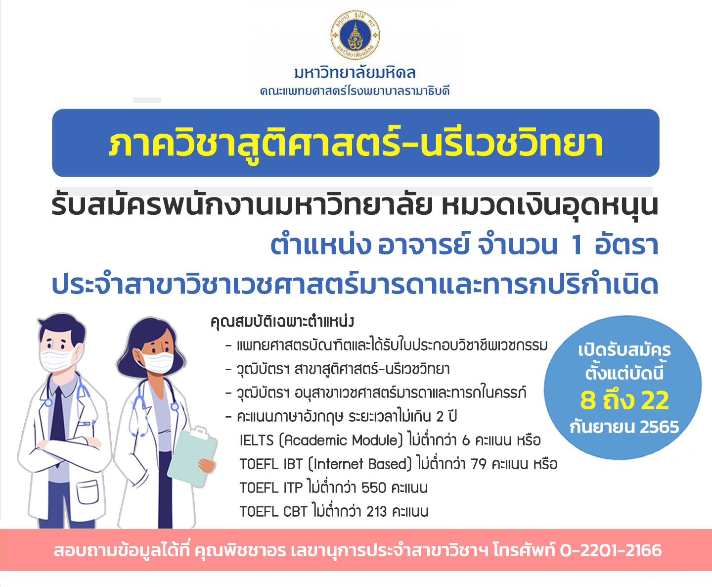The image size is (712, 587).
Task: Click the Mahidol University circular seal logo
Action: click(356, 35)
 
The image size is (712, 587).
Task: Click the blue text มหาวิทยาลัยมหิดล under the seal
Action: click(355, 72)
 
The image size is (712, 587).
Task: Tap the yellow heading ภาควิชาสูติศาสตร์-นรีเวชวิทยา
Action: click(356, 143)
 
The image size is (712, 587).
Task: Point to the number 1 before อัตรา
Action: click(577, 245)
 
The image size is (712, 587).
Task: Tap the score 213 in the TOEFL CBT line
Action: click(377, 512)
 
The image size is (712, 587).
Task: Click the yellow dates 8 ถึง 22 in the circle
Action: click(624, 400)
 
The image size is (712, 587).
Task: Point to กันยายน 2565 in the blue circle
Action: click(624, 427)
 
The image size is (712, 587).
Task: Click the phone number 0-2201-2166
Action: click(611, 550)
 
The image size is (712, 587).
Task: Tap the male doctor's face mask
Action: click(57, 359)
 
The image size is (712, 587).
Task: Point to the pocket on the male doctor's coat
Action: click(88, 492)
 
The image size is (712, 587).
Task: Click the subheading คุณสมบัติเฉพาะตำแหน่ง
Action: click(282, 322)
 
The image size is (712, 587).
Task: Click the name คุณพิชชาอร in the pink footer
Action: click(240, 550)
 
